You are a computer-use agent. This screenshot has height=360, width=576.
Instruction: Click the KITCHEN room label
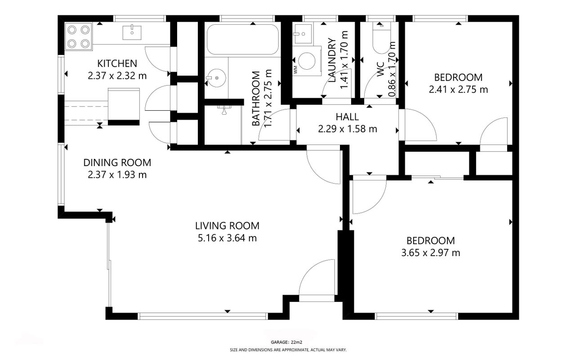[117, 63]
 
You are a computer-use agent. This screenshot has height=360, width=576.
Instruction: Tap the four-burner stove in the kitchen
[79, 37]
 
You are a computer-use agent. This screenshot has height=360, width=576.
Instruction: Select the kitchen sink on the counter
[132, 32]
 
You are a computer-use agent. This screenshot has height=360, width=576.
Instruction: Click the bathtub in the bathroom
[242, 39]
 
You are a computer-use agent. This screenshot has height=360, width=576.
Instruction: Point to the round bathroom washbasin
[216, 78]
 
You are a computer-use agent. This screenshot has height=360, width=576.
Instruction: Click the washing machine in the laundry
[307, 61]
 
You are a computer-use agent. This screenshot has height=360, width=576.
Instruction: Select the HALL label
[347, 117]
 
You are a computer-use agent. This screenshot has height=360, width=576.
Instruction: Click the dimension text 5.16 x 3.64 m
[228, 238]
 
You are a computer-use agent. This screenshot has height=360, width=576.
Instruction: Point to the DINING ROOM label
[117, 162]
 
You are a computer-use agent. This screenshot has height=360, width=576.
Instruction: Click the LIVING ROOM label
[228, 226]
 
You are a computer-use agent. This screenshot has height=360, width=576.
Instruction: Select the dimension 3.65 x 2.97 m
[431, 253]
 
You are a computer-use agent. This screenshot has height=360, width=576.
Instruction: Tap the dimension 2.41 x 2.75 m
[458, 90]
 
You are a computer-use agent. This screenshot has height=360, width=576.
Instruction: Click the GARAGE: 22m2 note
[286, 342]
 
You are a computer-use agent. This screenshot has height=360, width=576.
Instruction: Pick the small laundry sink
[303, 34]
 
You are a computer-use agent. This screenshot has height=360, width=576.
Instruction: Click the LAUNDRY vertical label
[332, 60]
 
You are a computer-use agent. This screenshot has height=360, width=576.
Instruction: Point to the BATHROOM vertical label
[256, 99]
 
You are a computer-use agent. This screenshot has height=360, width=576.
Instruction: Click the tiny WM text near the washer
[295, 69]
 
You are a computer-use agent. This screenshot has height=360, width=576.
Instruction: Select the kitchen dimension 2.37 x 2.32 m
[117, 76]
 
